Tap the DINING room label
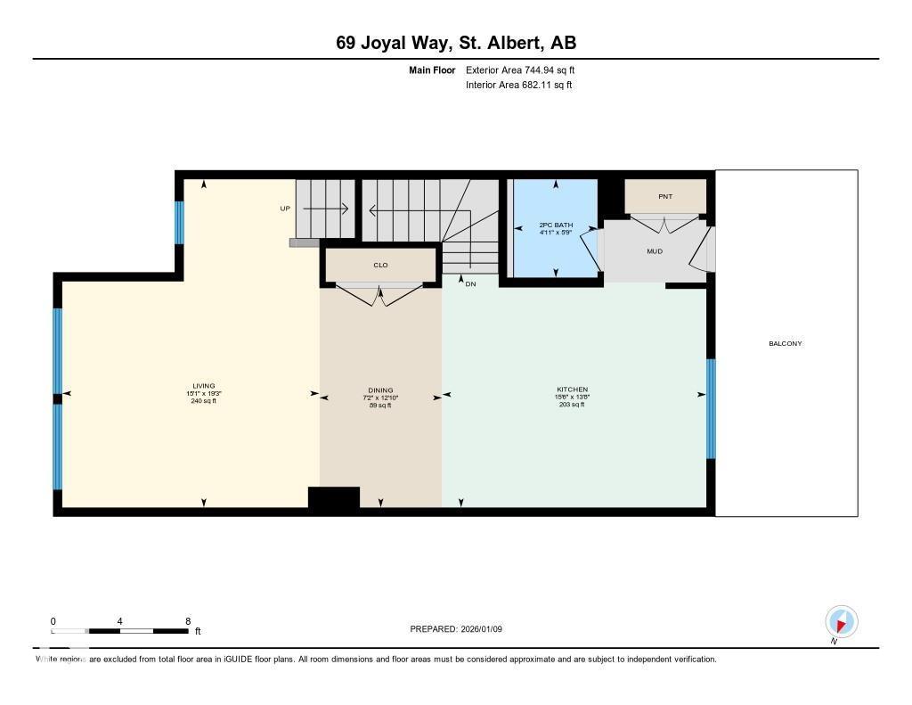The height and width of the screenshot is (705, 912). pyautogui.click(x=380, y=390)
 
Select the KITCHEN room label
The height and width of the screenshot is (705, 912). pyautogui.click(x=573, y=389)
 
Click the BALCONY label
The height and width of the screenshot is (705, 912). pyautogui.click(x=786, y=343)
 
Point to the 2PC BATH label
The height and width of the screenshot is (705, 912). pyautogui.click(x=556, y=225)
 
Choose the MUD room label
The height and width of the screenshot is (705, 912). pyautogui.click(x=655, y=251)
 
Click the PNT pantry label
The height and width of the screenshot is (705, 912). pyautogui.click(x=664, y=195)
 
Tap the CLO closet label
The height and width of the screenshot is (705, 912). pyautogui.click(x=380, y=265)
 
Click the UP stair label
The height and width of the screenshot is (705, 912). pyautogui.click(x=285, y=209)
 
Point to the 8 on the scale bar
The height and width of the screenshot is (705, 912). pyautogui.click(x=188, y=621)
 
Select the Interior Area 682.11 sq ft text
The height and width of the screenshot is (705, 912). pyautogui.click(x=518, y=86)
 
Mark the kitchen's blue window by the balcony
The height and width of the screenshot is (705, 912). pyautogui.click(x=711, y=408)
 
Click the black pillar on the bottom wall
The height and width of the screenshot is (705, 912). pyautogui.click(x=334, y=499)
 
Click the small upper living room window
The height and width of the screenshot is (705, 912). pyautogui.click(x=179, y=222)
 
